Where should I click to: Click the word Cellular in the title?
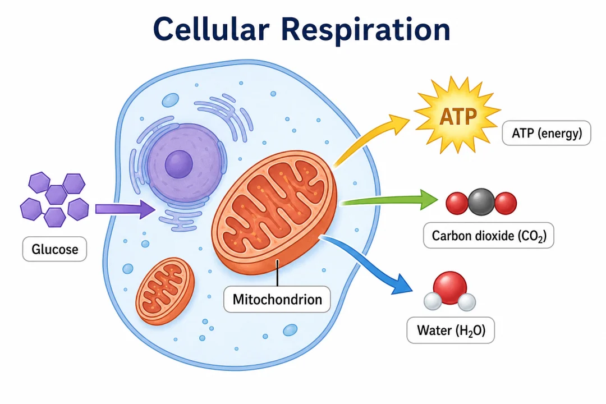212,29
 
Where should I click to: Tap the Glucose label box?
54,249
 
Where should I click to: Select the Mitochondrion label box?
277,299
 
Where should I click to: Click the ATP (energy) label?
547,133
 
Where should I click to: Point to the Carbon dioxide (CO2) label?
489,236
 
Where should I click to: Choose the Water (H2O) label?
451,330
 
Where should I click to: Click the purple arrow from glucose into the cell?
125,209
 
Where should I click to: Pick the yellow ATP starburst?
458,116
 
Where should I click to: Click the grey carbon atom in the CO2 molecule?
481,202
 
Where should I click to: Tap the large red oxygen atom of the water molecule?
450,287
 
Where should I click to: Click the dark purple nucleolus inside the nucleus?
178,164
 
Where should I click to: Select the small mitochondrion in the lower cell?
165,291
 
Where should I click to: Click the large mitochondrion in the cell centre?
274,212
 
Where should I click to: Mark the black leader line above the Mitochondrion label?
277,273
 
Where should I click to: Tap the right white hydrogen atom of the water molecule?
466,302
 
